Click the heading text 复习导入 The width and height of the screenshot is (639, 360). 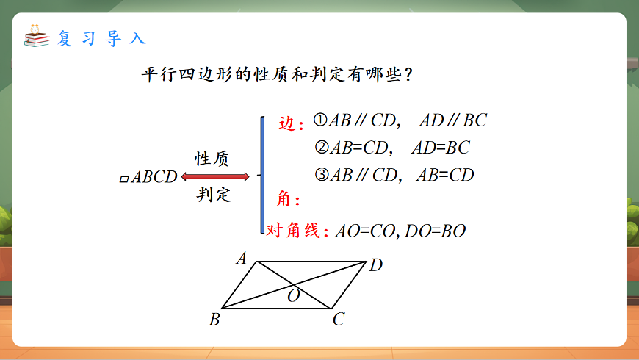click(x=101, y=38)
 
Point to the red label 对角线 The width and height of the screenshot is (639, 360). click(x=293, y=231)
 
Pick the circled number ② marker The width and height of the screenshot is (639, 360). click(x=320, y=148)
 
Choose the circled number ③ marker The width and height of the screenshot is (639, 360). click(x=320, y=175)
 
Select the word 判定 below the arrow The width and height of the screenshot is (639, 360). click(x=214, y=195)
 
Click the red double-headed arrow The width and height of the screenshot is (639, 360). click(x=216, y=176)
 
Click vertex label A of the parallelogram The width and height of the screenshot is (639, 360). click(x=240, y=258)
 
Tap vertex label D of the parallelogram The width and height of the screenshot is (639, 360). click(x=375, y=265)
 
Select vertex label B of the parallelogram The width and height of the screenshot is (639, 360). click(x=214, y=319)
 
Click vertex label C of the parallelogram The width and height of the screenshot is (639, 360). click(x=339, y=319)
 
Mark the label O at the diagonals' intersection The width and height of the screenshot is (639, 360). click(x=293, y=296)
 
